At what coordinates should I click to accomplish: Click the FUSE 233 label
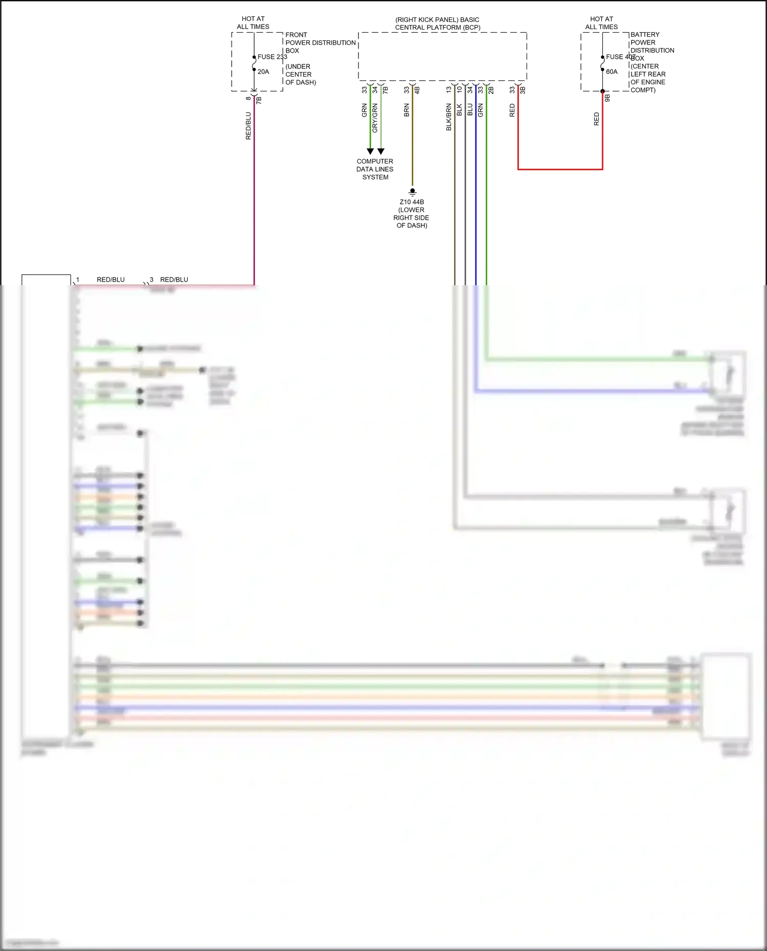272,57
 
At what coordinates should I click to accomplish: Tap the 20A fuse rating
263,72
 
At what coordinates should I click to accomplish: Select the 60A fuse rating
612,72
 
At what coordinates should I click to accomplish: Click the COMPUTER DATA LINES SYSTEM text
375,169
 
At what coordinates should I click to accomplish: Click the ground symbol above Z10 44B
413,192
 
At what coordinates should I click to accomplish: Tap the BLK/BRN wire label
449,117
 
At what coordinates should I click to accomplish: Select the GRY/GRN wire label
375,118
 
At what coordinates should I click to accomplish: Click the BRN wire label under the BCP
407,110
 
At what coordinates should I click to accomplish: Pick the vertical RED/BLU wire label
249,126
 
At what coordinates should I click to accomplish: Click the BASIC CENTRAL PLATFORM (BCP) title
437,24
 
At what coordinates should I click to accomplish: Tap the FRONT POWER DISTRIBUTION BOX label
320,43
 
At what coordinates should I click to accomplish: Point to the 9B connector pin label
607,98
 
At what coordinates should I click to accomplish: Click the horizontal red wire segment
560,169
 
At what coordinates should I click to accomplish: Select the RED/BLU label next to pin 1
110,280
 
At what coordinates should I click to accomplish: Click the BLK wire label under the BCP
459,110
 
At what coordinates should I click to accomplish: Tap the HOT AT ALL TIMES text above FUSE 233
253,23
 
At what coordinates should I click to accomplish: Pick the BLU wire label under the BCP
470,110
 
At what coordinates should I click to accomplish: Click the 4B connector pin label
417,90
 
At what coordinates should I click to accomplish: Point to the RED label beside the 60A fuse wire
596,119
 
